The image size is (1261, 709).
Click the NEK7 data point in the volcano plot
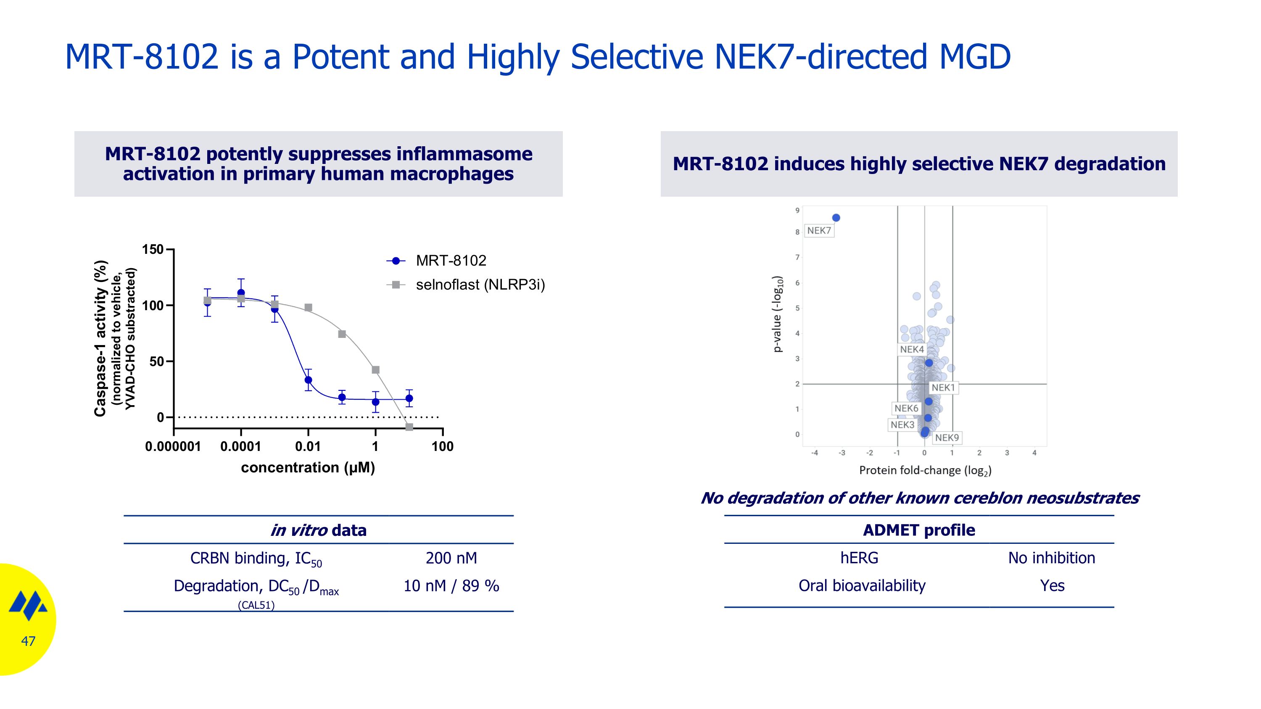pos(836,218)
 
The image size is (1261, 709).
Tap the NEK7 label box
pos(819,230)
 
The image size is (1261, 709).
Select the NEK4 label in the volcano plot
pos(911,349)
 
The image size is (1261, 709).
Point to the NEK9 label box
pos(947,438)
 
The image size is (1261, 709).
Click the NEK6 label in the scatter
pos(906,408)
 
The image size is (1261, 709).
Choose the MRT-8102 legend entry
pos(450,261)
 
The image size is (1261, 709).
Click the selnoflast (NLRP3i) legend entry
pos(480,285)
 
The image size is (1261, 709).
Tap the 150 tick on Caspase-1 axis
pos(152,250)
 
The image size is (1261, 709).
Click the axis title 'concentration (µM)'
pos(308,468)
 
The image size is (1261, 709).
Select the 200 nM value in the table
pos(451,558)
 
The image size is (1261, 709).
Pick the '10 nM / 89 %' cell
pos(451,586)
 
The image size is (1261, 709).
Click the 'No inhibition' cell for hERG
pos(1052,558)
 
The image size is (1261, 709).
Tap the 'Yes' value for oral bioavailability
pos(1052,586)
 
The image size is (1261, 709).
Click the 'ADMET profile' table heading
pos(919,530)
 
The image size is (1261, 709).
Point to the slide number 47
pos(29,641)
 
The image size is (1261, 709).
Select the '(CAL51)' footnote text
pos(256,605)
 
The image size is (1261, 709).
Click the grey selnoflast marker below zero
pos(409,427)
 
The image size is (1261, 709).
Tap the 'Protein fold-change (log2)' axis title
pos(925,471)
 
